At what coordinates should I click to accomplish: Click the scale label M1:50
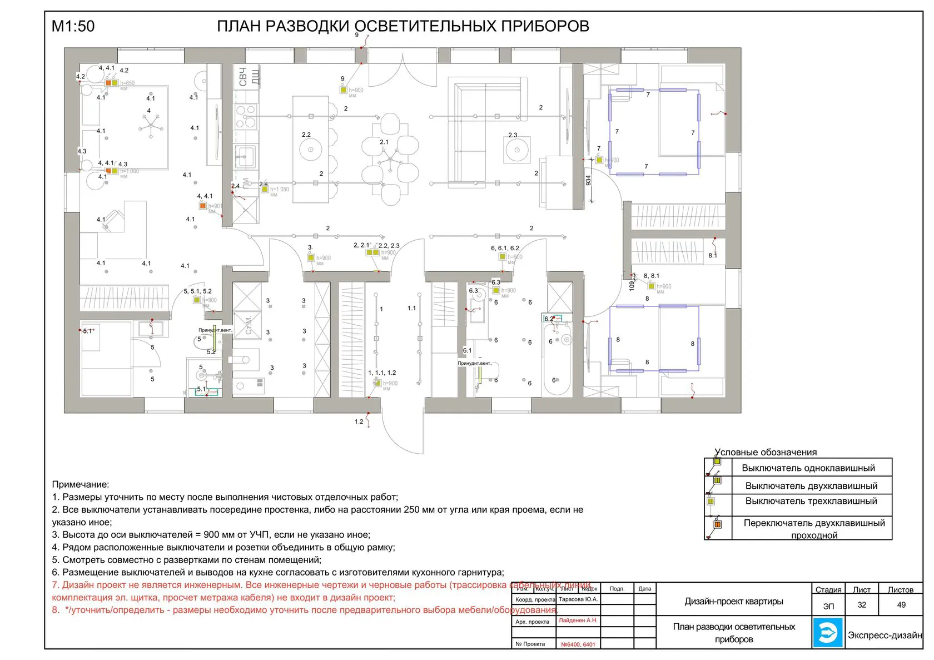[73, 26]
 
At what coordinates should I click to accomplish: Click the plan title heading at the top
[403, 26]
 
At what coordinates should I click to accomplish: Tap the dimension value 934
[588, 181]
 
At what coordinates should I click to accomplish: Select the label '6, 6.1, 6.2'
[505, 249]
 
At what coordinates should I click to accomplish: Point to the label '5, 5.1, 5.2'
[197, 291]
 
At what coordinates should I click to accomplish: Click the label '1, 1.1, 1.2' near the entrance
[382, 373]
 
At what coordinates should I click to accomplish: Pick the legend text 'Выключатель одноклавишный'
[808, 468]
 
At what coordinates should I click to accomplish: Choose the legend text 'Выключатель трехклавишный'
[811, 501]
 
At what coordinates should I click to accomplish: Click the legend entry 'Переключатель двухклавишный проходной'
[814, 529]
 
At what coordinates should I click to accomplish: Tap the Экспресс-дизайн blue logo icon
[828, 632]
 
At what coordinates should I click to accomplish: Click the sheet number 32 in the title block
[862, 605]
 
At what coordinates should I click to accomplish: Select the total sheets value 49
[901, 605]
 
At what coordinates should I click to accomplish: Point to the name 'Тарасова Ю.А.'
[578, 599]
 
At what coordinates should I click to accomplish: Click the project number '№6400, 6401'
[578, 644]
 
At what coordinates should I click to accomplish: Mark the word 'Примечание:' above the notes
[81, 485]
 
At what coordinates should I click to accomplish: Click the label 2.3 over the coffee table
[513, 135]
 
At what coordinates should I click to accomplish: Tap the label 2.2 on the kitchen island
[306, 135]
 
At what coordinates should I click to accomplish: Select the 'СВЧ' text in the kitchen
[242, 77]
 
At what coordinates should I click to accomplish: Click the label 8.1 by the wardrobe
[713, 255]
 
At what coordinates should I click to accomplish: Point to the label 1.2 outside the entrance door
[359, 421]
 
